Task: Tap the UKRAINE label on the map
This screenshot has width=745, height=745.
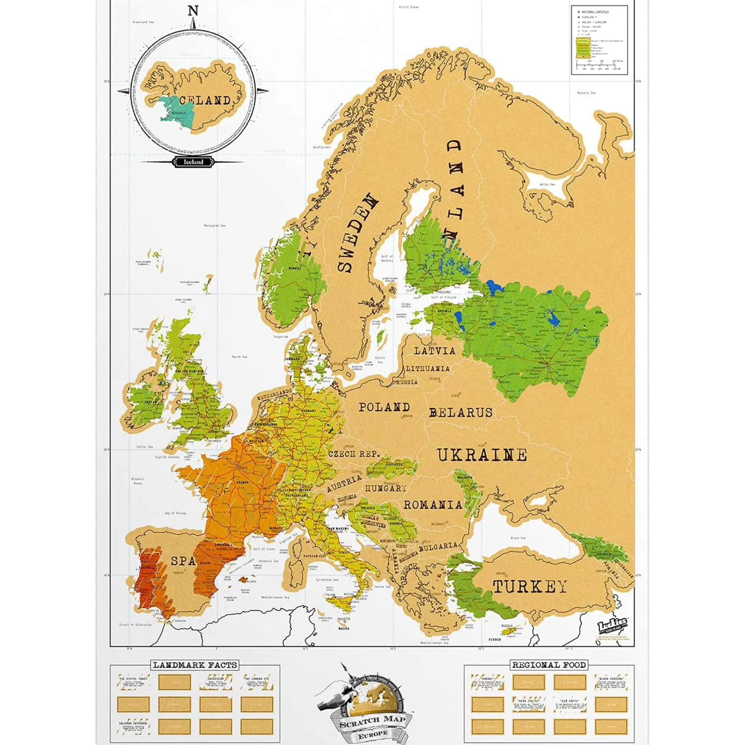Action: (x=482, y=455)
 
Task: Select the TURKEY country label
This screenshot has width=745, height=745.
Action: (x=530, y=587)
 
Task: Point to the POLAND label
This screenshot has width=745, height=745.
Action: (x=384, y=407)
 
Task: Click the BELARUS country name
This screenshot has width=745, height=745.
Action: (x=461, y=412)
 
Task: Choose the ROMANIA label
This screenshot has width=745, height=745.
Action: (x=433, y=505)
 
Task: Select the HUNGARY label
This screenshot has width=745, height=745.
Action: (x=386, y=488)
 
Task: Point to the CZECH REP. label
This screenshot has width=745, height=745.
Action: (x=354, y=454)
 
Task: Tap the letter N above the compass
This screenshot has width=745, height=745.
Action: (x=193, y=10)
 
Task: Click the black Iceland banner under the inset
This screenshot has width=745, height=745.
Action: (x=193, y=162)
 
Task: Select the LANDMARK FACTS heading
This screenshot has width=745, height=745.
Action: (x=195, y=665)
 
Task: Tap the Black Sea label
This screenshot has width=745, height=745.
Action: (x=518, y=538)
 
